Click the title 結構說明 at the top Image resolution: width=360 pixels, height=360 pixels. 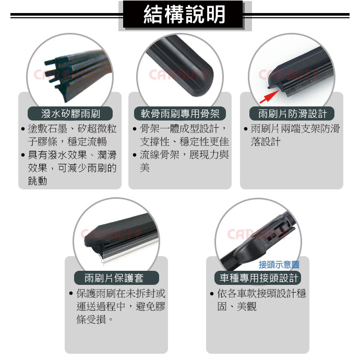184,15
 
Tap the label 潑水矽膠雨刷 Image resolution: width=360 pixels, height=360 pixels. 70,114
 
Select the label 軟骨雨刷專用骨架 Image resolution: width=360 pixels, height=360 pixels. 180,114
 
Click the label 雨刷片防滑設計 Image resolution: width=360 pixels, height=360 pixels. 292,114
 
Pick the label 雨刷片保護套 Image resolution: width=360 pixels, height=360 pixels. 114,278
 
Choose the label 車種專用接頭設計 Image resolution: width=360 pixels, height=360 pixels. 259,278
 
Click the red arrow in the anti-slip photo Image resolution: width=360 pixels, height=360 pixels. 269,97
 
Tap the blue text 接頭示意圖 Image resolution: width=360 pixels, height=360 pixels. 279,265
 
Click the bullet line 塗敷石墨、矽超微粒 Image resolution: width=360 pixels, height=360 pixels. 72,128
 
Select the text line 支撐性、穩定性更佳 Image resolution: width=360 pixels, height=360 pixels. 184,142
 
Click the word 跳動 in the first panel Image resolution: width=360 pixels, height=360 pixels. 38,181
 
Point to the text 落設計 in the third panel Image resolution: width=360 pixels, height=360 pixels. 266,142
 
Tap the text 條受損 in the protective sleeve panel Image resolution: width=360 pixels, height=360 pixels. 91,319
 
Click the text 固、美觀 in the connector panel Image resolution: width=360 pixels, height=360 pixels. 237,306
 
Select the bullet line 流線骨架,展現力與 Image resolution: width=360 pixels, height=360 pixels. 184,155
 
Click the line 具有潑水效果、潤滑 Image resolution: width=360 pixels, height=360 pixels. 72,155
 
